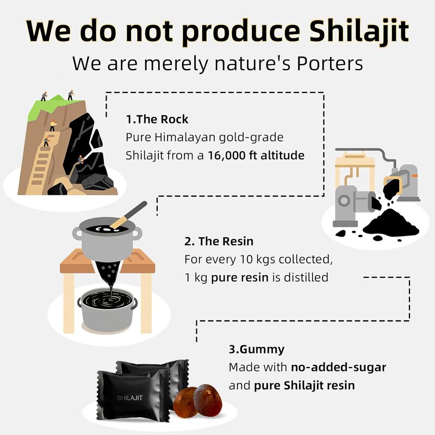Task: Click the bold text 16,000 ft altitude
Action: tap(257, 155)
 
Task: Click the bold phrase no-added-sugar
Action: tap(338, 367)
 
